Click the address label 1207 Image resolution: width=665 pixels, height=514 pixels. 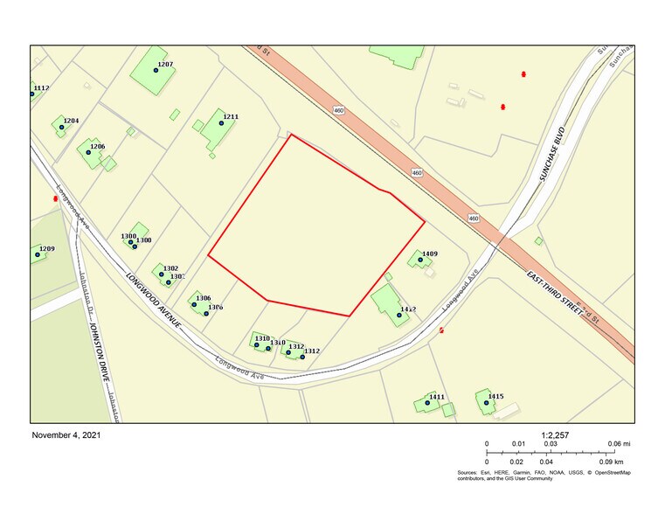(165, 65)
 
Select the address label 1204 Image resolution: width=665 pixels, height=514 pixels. (71, 121)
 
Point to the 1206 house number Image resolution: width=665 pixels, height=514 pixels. (97, 147)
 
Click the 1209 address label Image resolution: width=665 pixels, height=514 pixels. (46, 249)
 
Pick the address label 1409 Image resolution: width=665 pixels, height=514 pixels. (429, 254)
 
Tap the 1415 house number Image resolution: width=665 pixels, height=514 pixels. (495, 397)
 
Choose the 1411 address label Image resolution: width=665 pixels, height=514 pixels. (437, 398)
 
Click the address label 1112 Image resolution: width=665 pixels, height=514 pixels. (41, 88)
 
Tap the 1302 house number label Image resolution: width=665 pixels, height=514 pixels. (170, 268)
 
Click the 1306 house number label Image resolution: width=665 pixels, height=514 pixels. (204, 298)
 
